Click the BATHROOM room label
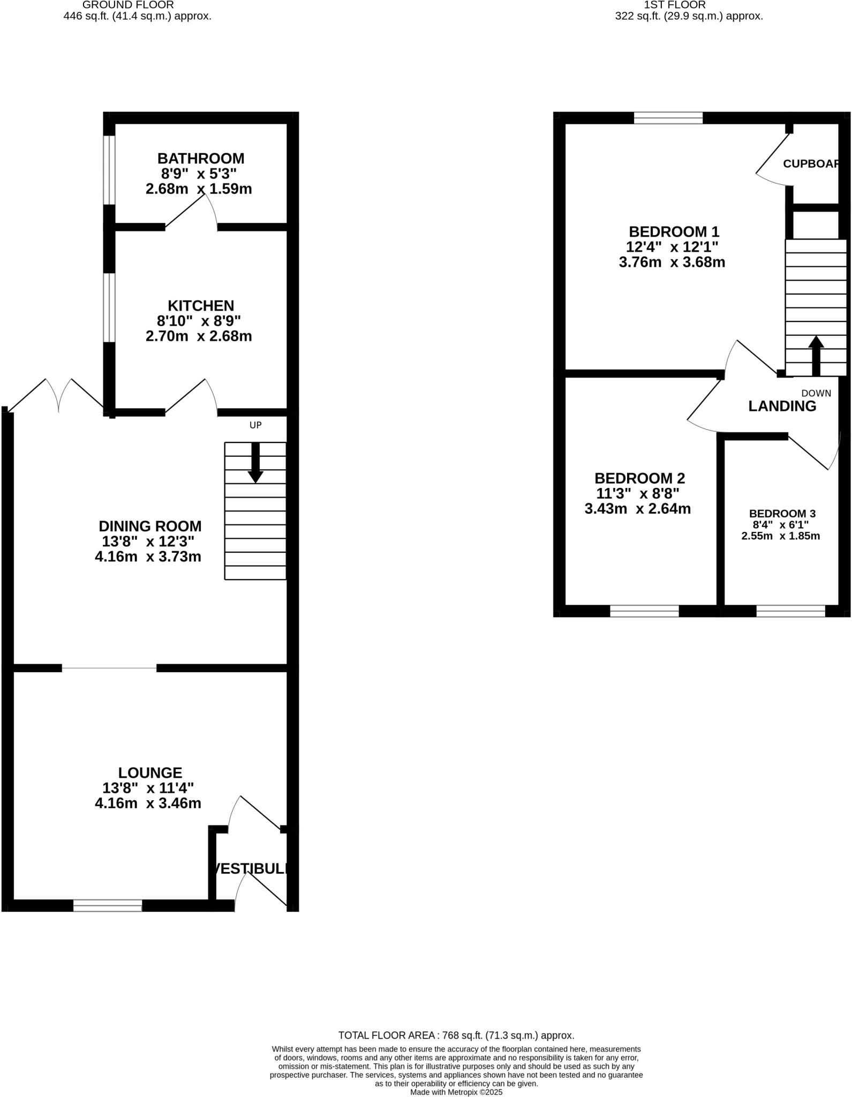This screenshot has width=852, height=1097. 201,159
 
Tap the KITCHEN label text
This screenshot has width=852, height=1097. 201,306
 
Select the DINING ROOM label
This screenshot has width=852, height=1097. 150,526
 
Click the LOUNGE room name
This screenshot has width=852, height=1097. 150,772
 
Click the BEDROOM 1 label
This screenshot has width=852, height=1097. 674,232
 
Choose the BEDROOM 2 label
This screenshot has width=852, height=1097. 639,478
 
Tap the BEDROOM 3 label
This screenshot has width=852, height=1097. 782,513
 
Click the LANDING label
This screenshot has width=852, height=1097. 782,406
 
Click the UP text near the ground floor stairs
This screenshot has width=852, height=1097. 255,425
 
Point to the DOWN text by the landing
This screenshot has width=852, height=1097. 816,393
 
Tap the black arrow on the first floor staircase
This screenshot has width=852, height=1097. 816,355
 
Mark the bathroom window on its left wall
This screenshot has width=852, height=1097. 109,170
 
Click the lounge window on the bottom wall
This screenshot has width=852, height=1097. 108,905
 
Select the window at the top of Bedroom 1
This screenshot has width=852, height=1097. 668,118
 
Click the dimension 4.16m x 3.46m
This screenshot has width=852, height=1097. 148,803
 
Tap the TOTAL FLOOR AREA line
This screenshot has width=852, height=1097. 456,1035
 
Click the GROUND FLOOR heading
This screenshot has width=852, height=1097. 128,5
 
